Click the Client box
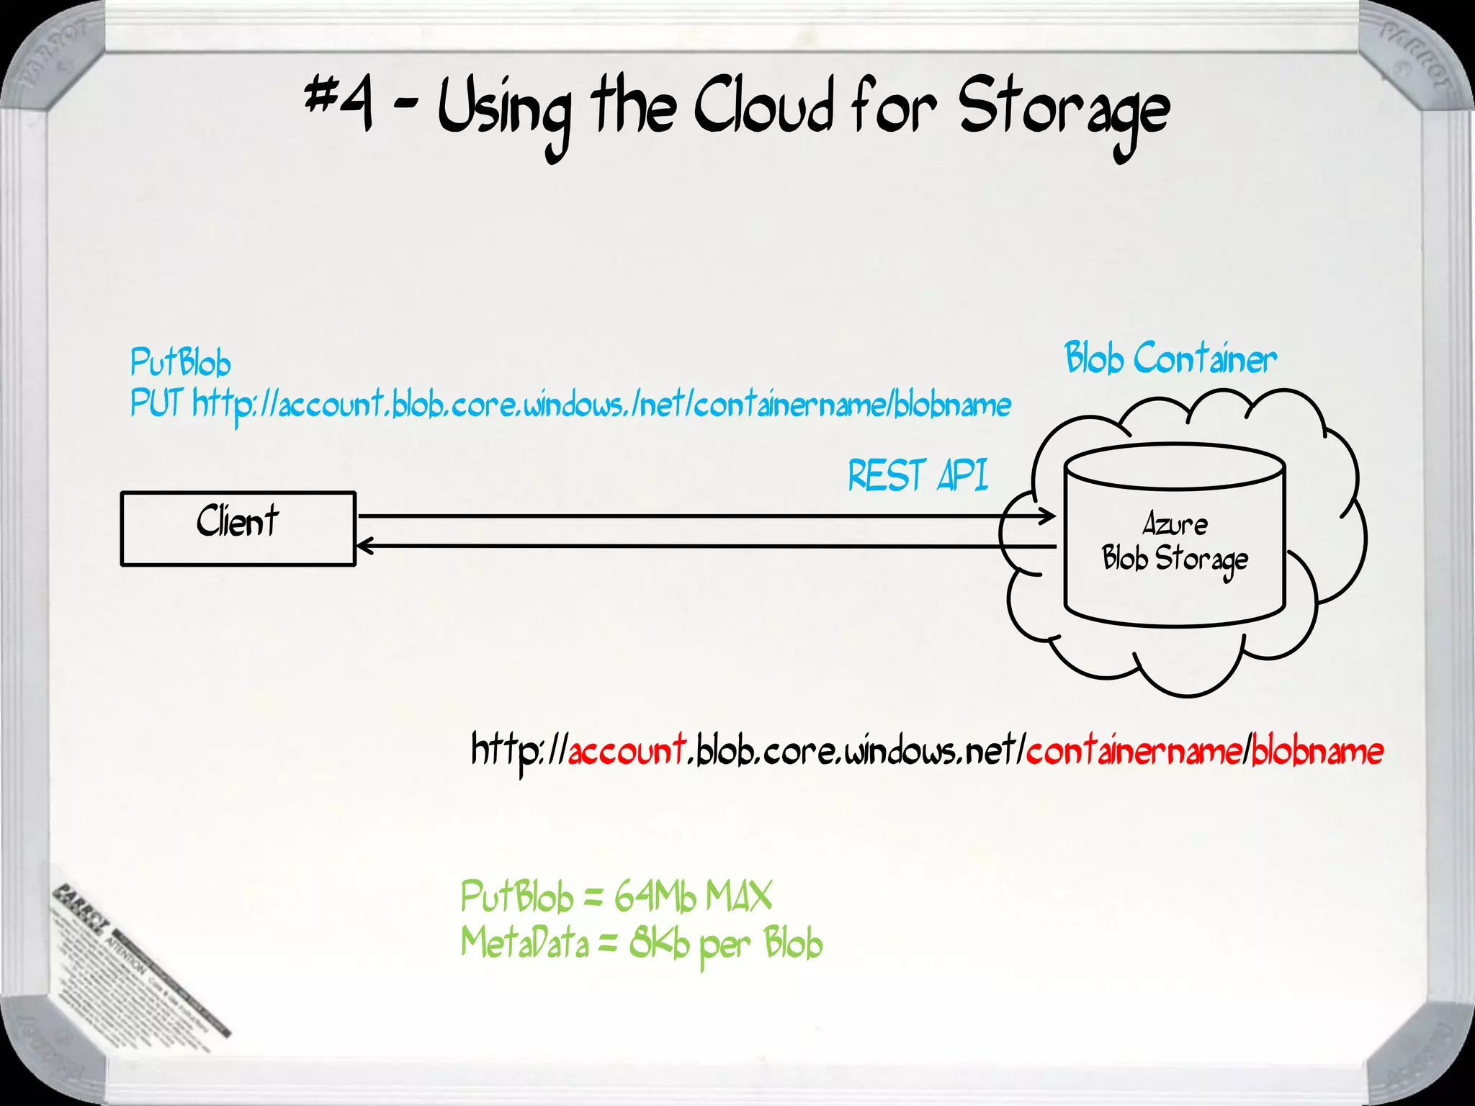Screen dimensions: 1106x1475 tap(238, 529)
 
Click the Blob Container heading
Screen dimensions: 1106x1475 tap(1170, 359)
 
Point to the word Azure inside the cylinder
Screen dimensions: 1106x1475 tap(1175, 524)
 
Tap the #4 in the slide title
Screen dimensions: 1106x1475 tap(339, 104)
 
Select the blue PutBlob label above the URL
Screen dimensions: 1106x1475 tap(180, 362)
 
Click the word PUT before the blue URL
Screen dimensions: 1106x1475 tap(156, 403)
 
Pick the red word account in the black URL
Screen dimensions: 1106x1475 tap(627, 751)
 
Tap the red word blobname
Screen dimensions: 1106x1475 tap(1317, 751)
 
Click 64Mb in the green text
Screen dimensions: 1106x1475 tap(655, 897)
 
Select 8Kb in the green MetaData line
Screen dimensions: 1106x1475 tap(659, 943)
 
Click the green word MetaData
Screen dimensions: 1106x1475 tap(524, 943)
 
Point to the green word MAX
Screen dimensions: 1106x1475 tap(739, 897)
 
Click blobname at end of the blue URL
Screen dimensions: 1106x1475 tap(952, 405)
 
